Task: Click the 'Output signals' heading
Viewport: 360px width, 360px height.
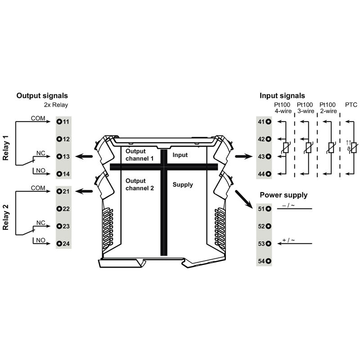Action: click(42, 96)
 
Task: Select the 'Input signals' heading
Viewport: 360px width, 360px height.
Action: click(282, 96)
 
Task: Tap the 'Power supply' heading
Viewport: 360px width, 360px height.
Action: click(283, 195)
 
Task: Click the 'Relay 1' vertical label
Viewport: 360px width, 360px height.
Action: click(5, 148)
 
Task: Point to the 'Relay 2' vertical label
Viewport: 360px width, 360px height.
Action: click(5, 217)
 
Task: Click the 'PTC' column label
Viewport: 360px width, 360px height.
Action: click(351, 105)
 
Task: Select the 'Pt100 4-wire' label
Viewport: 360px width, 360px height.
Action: click(283, 108)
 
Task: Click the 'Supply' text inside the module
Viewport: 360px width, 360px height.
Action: click(183, 185)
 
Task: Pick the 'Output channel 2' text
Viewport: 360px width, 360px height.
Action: click(139, 184)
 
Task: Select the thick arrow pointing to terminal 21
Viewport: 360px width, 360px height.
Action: click(84, 191)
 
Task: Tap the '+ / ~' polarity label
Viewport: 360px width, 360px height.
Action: click(288, 240)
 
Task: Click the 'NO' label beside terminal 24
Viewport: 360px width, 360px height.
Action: click(40, 240)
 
